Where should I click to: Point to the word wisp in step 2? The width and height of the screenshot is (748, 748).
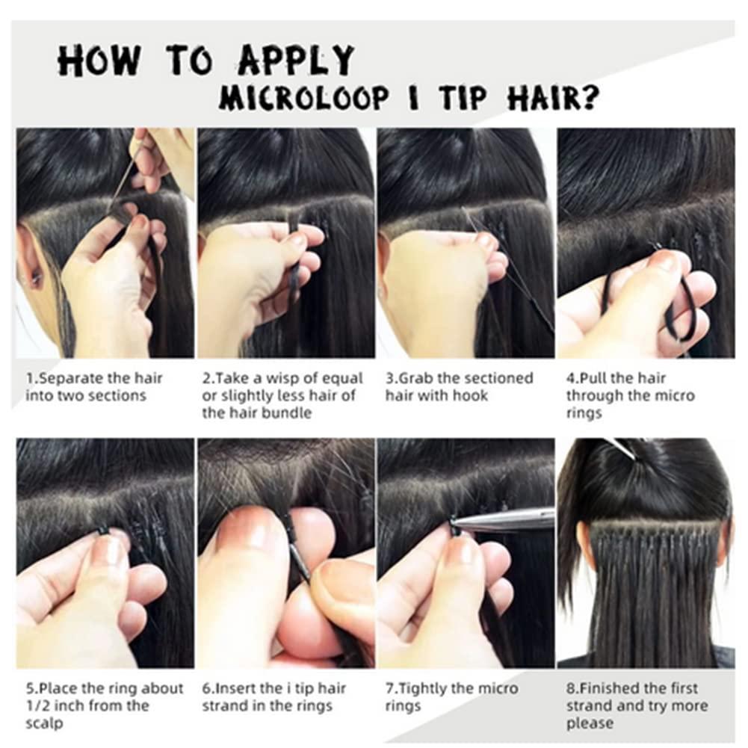click(x=276, y=378)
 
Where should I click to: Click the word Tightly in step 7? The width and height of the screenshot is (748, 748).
click(x=421, y=687)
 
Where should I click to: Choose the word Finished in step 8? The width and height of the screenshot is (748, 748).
click(x=608, y=687)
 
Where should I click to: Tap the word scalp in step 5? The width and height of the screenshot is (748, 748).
click(x=43, y=723)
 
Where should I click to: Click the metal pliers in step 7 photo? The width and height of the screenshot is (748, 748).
click(x=508, y=520)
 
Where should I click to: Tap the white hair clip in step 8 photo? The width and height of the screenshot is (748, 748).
click(x=619, y=447)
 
